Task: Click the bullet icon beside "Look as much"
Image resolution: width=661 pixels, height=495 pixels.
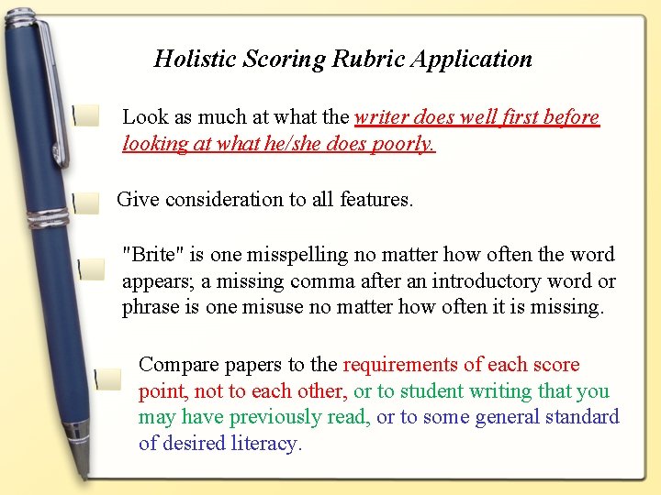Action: [86, 115]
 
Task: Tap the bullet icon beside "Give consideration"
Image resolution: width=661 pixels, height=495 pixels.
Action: [85, 203]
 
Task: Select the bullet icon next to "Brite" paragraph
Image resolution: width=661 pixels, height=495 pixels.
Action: [90, 269]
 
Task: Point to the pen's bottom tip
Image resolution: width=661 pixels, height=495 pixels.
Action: [85, 473]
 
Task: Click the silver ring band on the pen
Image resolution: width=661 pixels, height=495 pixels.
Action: [47, 218]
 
